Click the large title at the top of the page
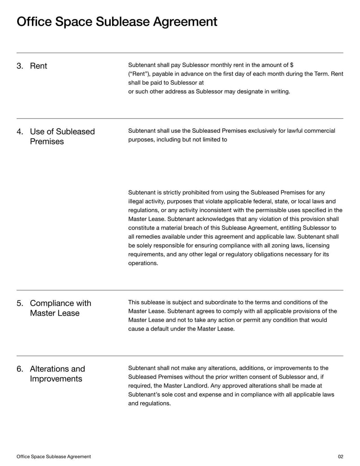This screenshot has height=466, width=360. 117,22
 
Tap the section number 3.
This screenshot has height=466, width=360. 20,66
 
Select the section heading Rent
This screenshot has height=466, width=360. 38,66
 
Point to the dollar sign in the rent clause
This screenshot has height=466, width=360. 292,65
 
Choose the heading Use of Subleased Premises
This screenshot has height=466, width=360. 62,136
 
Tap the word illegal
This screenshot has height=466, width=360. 137,201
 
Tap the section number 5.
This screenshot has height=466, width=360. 20,303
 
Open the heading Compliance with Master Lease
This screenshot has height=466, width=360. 60,308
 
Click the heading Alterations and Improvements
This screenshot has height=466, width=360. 57,374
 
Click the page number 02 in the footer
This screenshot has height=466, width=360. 340,457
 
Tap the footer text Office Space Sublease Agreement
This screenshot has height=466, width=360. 54,457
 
